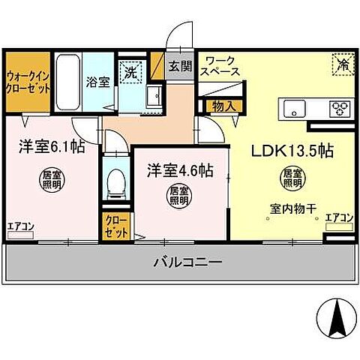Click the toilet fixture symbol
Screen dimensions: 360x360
116,182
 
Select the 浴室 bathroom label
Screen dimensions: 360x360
97,82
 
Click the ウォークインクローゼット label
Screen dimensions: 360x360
28,82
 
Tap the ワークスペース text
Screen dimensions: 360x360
221,66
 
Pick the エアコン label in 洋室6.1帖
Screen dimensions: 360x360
19,225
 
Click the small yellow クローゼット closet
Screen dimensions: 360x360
116,226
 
